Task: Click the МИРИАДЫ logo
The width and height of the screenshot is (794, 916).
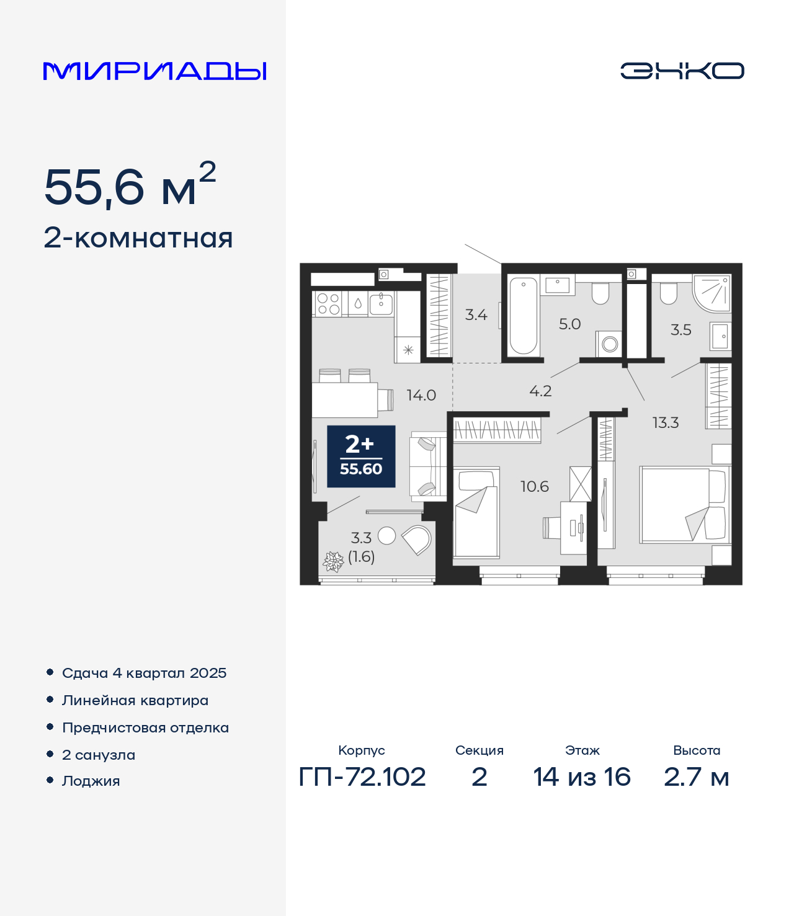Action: [154, 71]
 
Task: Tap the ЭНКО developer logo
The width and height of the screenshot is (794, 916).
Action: [682, 71]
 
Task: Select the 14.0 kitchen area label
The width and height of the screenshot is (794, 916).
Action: [421, 395]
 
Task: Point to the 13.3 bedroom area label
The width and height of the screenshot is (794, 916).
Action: [666, 422]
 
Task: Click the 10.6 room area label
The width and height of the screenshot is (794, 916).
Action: [535, 486]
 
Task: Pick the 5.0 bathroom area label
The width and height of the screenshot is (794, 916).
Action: [569, 324]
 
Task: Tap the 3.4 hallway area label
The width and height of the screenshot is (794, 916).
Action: [476, 314]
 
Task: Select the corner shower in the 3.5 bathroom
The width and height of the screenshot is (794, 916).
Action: [711, 293]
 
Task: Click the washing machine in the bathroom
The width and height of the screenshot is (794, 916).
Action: [609, 344]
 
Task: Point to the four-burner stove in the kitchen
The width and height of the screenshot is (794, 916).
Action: [329, 303]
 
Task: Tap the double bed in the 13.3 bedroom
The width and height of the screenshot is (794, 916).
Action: [685, 505]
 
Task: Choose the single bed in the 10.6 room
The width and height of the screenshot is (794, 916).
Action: [476, 512]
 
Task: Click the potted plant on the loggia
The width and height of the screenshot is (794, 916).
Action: [333, 561]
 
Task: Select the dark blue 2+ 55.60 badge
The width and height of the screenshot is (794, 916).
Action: [361, 456]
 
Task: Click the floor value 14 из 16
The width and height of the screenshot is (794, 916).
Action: [582, 777]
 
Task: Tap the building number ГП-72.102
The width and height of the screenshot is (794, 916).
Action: [362, 777]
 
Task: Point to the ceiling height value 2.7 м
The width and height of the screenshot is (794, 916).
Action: [697, 777]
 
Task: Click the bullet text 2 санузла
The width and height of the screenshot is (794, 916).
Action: [99, 755]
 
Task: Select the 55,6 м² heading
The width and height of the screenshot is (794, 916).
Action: [130, 184]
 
